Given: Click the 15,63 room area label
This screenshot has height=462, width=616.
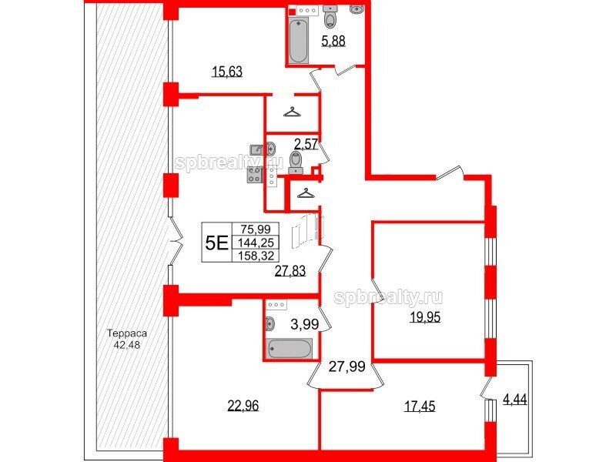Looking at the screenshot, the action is [227, 72].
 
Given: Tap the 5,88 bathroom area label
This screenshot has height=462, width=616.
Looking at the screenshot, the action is [333, 41].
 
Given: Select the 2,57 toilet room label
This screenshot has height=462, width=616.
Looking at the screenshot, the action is [306, 144].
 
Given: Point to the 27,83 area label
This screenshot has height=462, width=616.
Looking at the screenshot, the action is [290, 271].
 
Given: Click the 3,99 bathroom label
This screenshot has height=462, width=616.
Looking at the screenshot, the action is [304, 324].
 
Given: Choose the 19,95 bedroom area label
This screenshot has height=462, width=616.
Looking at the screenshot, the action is [425, 316].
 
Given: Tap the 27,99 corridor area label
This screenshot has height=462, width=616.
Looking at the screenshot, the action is [347, 367].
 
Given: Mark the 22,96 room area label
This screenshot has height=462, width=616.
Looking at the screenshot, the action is [243, 405].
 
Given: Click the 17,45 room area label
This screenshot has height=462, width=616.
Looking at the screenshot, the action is [420, 406].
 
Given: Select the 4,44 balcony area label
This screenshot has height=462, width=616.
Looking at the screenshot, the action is [515, 400].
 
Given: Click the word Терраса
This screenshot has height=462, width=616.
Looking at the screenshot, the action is [127, 334].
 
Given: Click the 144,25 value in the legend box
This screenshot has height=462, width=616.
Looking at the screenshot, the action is [256, 243].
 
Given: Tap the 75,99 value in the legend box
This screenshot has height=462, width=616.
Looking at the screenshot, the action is [256, 229].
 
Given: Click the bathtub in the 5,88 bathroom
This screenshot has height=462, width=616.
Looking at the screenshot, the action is [298, 41].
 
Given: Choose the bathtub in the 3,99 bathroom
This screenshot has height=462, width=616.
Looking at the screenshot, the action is [290, 348].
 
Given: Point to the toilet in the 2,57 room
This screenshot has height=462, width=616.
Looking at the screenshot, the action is [296, 162].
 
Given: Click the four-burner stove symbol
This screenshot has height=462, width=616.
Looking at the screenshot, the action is [255, 175].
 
